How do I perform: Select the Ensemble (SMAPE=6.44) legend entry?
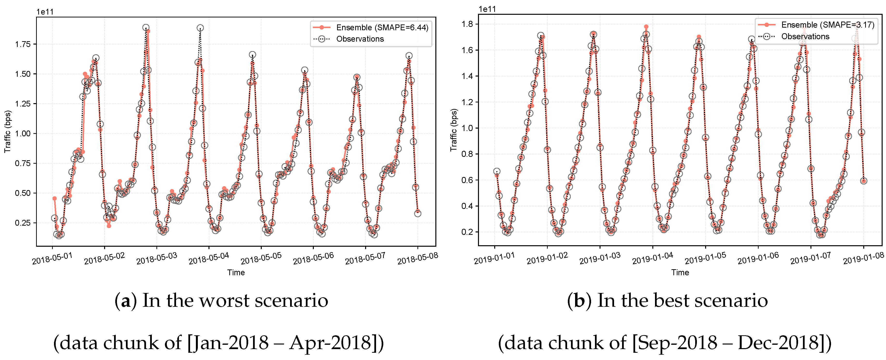pos(382,28)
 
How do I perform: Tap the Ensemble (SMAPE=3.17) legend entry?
pos(827,25)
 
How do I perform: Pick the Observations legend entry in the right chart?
pos(805,37)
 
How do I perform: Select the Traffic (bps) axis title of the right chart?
pos(454,130)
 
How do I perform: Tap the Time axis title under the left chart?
pos(236,272)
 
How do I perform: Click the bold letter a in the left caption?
pos(125,301)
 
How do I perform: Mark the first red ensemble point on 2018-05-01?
pos(54,198)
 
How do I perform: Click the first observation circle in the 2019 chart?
pos(497,171)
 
